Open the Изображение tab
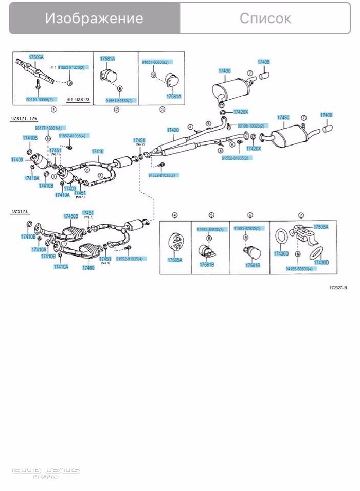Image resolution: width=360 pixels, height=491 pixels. (94, 19)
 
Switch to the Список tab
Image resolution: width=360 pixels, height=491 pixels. (265, 19)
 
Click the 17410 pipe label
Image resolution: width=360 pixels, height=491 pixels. (97, 151)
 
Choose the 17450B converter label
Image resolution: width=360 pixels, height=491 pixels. (71, 216)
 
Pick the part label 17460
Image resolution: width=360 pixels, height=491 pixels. (88, 268)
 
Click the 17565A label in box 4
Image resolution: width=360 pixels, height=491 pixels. (174, 260)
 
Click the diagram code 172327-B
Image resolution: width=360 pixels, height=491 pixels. (339, 288)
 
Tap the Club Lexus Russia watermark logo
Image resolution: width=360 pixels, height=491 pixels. (46, 471)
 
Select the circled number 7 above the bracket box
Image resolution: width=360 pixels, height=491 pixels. (301, 215)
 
